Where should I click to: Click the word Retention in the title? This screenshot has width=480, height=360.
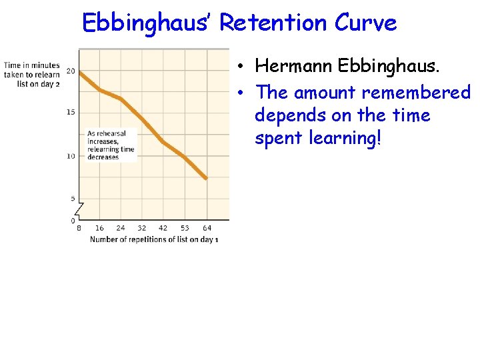pos(273,23)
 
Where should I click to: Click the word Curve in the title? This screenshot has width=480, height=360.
pos(365,23)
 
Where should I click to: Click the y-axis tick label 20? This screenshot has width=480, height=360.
pos(71,71)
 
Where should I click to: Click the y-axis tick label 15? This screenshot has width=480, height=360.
pos(71,112)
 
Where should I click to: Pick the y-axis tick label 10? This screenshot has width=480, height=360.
pos(71,156)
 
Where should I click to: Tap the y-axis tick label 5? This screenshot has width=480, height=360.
pos(73,199)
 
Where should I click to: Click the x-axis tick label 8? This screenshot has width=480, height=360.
pos(79,229)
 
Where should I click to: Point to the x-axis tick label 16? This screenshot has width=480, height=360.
pos(100,229)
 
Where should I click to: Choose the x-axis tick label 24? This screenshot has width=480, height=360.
pos(121,229)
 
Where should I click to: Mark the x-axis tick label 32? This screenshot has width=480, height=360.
pos(141,229)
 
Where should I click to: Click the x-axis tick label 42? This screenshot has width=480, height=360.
pos(163,229)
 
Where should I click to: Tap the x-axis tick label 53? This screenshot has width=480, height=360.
pos(185,229)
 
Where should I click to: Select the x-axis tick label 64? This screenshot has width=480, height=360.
pos(207,229)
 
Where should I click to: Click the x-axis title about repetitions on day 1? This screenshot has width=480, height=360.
pos(154,239)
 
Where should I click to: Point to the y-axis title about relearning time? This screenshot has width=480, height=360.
pos(31,75)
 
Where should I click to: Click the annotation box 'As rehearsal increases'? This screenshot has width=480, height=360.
pos(111,145)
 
